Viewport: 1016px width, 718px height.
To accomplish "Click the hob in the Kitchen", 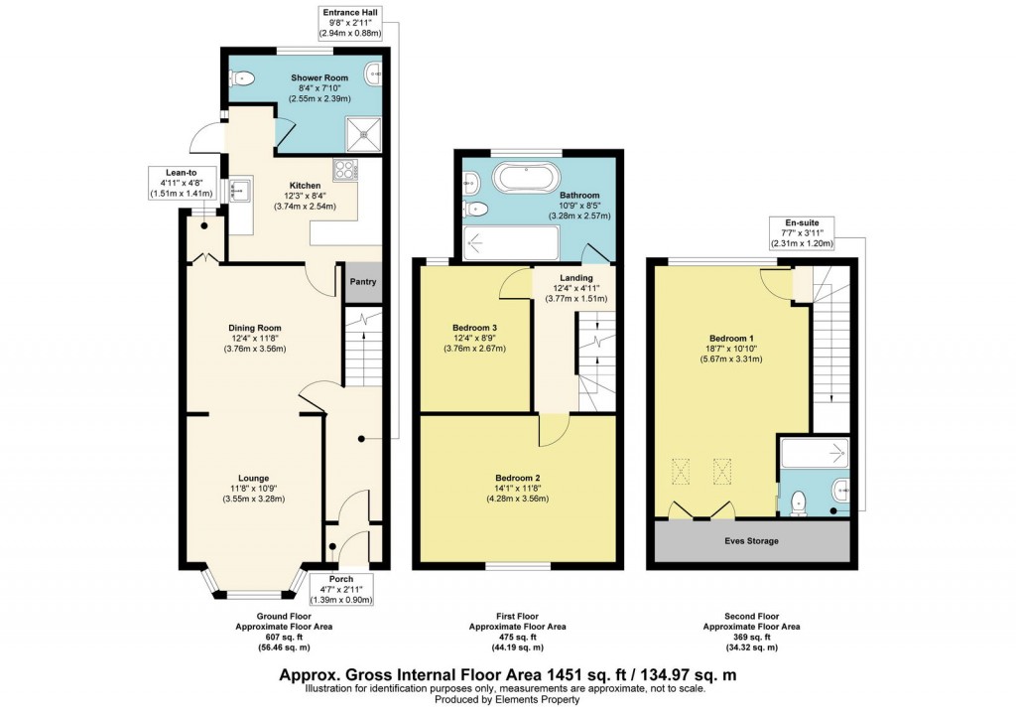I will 344,170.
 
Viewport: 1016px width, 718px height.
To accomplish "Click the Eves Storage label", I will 750,541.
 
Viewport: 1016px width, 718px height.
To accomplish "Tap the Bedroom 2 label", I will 517,478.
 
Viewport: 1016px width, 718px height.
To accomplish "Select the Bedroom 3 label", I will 473,328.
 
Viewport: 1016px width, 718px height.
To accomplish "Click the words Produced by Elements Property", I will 507,700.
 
